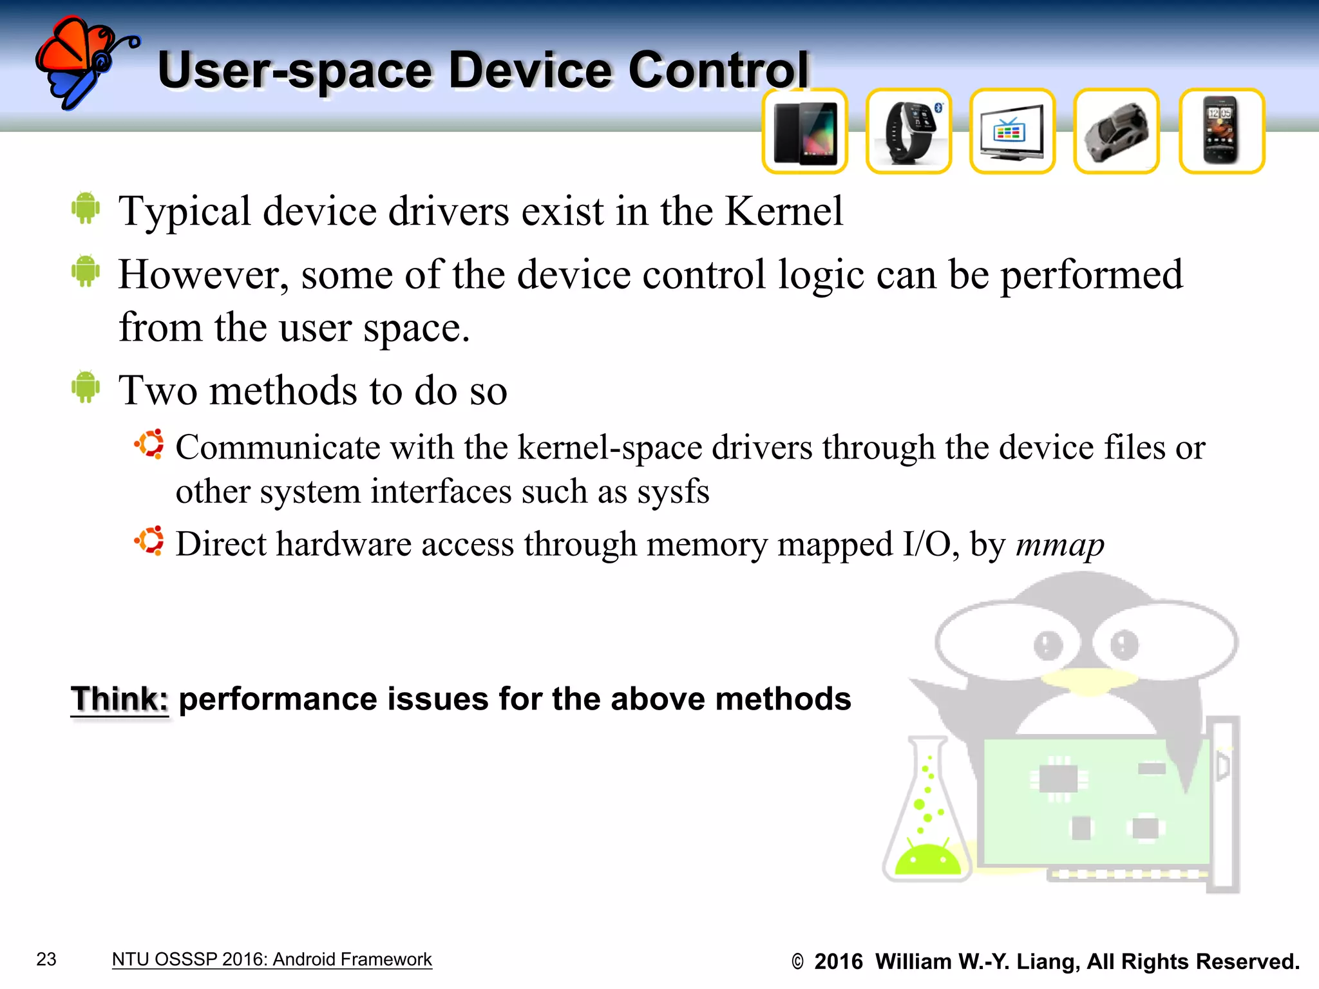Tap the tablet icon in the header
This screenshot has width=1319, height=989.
805,132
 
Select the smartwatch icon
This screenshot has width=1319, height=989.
909,132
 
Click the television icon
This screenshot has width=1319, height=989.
1012,132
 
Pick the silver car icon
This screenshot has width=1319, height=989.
1116,132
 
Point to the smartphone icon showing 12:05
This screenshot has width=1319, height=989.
1221,132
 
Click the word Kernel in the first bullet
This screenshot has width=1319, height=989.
783,211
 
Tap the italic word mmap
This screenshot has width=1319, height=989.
1059,545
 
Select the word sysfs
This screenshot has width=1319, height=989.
673,492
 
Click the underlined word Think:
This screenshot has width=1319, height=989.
120,699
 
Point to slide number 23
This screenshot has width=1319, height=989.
46,959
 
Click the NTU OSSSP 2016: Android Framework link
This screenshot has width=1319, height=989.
272,959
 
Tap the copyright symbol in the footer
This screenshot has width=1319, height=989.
797,962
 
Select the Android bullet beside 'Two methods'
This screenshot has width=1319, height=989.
86,388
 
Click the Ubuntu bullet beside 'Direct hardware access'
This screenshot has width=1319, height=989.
149,541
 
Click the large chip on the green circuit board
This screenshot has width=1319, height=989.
1058,779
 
